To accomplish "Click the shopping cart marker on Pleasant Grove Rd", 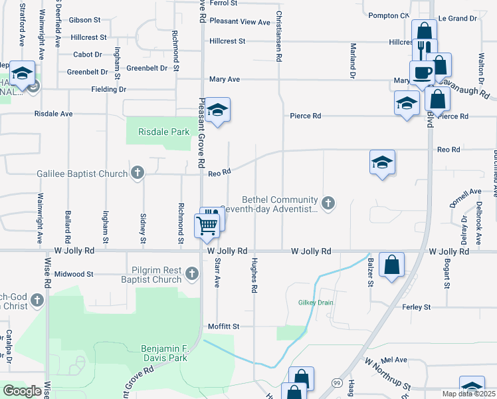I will pyautogui.click(x=207, y=226).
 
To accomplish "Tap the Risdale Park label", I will pyautogui.click(x=164, y=132).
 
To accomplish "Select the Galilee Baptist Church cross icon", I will pyautogui.click(x=138, y=174).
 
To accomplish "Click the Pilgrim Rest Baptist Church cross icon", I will pyautogui.click(x=192, y=273).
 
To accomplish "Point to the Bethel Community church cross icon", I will pyautogui.click(x=327, y=203).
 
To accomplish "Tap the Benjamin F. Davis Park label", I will pyautogui.click(x=164, y=353).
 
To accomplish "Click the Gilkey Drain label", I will pyautogui.click(x=314, y=302).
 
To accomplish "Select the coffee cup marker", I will pyautogui.click(x=421, y=72).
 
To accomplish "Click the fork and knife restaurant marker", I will pyautogui.click(x=424, y=50).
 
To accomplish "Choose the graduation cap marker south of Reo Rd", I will pyautogui.click(x=382, y=162).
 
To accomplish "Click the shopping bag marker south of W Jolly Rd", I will pyautogui.click(x=393, y=265).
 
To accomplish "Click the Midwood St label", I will pyautogui.click(x=74, y=274).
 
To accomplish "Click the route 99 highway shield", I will pyautogui.click(x=338, y=383).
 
